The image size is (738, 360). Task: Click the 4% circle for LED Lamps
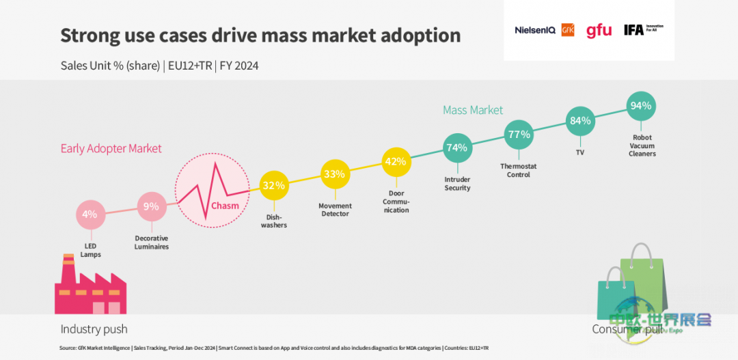point(90,214)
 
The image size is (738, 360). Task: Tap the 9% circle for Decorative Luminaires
point(152,206)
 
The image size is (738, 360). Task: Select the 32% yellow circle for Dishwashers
point(274,185)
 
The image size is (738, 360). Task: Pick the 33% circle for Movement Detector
point(334,174)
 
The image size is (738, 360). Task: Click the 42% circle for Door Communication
point(396,162)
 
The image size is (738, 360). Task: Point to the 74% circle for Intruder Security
point(456,148)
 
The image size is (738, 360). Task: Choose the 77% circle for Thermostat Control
point(519,135)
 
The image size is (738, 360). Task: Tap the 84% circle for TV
point(580,121)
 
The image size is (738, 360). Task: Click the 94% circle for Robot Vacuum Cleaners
point(641,106)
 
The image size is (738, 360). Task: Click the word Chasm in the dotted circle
point(225,206)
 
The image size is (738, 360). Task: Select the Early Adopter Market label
point(111,148)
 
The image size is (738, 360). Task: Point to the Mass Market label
point(473,110)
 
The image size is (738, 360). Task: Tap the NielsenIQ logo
point(535,30)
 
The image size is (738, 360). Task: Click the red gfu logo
point(599,30)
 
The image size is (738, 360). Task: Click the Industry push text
point(94,329)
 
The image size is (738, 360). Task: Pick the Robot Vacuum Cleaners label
point(642,146)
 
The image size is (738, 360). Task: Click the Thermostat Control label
point(519,170)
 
